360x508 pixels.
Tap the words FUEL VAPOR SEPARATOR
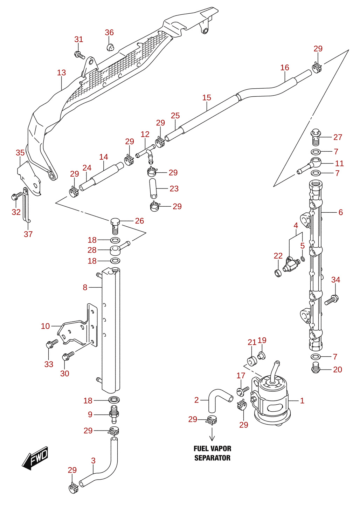click(213, 453)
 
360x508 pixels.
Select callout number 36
click(109, 33)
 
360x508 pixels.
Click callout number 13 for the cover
click(61, 73)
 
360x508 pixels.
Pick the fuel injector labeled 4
click(291, 265)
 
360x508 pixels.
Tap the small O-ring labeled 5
click(303, 259)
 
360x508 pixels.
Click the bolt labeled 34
click(331, 300)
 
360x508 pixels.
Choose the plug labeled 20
click(315, 369)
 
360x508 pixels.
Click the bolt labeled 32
click(16, 196)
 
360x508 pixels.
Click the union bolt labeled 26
click(115, 226)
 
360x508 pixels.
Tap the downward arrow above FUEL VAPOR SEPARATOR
click(212, 434)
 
